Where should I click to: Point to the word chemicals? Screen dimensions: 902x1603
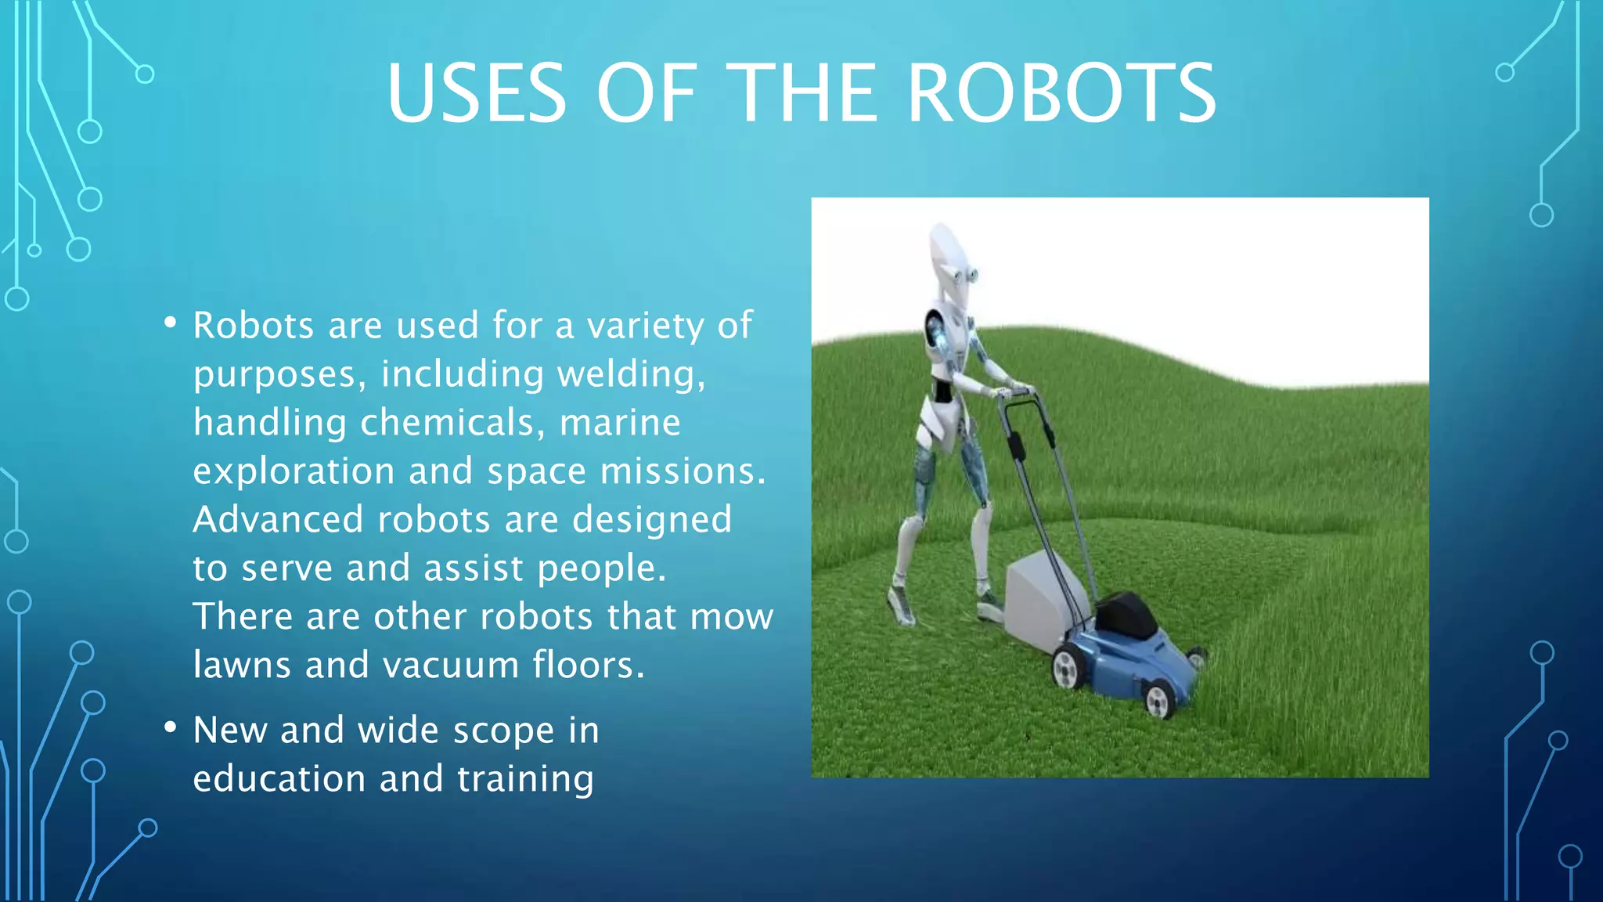click(447, 423)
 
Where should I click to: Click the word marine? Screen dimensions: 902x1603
click(620, 423)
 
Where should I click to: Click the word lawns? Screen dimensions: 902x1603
click(242, 665)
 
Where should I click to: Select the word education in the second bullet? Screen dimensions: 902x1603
click(279, 778)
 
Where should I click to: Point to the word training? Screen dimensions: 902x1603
click(525, 780)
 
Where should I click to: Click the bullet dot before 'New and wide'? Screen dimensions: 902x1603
click(171, 728)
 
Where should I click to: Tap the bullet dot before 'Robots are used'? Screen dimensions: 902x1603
click(171, 323)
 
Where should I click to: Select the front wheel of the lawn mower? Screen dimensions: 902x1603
click(1159, 698)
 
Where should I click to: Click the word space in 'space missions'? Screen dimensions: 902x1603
click(536, 471)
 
